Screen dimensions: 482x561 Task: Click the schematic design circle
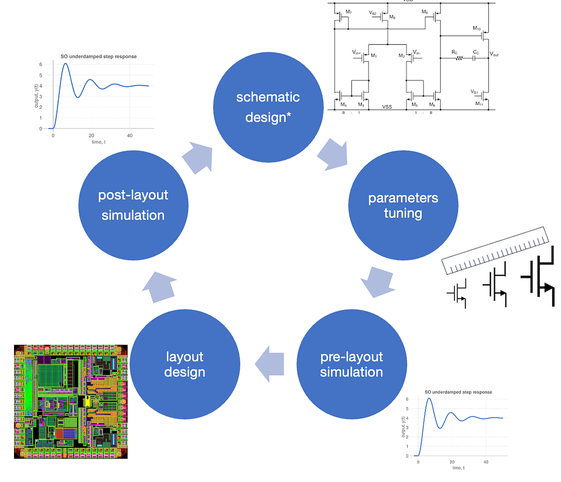[268, 107]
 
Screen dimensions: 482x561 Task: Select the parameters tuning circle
[403, 205]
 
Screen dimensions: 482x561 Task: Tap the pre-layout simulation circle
[352, 364]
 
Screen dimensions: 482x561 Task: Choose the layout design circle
[185, 364]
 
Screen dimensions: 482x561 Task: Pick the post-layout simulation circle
[133, 205]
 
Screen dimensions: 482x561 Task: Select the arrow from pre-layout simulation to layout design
[270, 364]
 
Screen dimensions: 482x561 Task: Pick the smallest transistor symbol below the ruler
[459, 293]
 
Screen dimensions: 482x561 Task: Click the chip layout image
[71, 402]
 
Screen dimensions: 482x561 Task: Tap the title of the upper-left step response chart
[99, 57]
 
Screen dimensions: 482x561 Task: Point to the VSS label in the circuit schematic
[387, 107]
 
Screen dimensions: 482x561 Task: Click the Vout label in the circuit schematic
[494, 54]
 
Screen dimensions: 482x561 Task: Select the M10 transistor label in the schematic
[476, 29]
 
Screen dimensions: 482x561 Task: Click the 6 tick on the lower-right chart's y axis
[407, 399]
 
